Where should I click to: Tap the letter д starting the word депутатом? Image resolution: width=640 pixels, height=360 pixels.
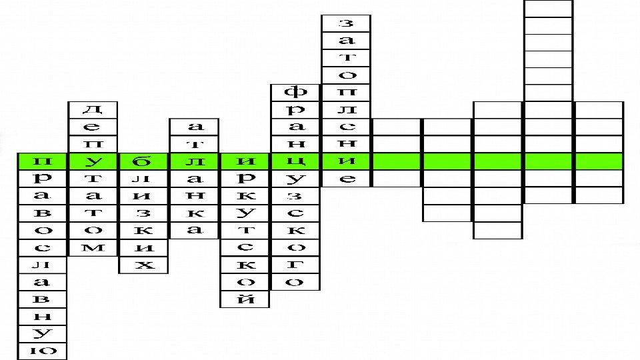point(94,109)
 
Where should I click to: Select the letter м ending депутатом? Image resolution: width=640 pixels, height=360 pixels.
point(94,248)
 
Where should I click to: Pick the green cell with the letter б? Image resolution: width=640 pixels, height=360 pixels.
point(144,161)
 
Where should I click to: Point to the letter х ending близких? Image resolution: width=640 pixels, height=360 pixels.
point(144,265)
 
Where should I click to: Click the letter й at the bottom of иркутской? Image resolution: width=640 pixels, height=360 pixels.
point(245,299)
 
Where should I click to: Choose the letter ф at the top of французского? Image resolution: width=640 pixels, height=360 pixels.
point(295,91)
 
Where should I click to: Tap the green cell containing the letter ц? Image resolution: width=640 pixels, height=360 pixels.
point(295,161)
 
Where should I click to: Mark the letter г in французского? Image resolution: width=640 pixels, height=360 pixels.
point(295,265)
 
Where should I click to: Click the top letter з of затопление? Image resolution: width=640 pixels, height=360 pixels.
point(346,22)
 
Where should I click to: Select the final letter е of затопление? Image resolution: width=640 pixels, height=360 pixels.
point(346,179)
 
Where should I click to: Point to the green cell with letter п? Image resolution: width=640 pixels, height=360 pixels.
point(43,161)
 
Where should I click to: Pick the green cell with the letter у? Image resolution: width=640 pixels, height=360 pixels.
point(94,161)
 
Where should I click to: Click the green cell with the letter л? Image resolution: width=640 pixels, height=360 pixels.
point(195,161)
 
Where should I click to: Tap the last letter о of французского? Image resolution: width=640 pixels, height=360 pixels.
point(295,282)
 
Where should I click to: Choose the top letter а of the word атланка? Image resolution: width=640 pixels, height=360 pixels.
point(195,126)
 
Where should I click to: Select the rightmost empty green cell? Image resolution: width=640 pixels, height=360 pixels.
point(599,161)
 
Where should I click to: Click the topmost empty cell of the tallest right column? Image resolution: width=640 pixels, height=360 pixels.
point(548,8)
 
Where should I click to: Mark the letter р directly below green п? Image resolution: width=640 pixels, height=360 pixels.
point(43,179)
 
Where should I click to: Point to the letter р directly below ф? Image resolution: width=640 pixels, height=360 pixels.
point(295,109)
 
